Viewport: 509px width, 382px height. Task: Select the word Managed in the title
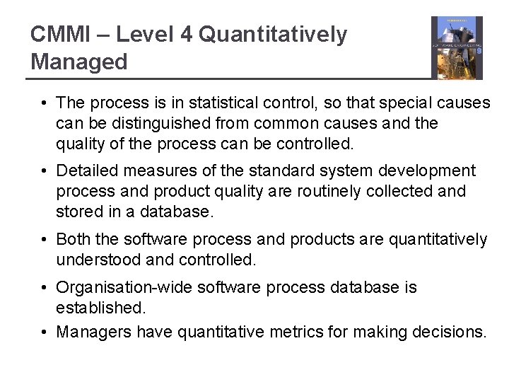tap(79, 62)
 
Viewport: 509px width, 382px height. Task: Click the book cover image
tap(457, 48)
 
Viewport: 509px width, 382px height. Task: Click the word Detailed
tap(87, 171)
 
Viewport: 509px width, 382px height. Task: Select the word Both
tap(72, 240)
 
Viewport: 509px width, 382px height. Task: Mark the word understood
tap(98, 260)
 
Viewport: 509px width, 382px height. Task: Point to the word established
tap(99, 308)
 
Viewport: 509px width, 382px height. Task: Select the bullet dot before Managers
tap(44, 332)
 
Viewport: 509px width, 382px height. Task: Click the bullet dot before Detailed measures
tap(44, 171)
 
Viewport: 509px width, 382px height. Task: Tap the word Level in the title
tap(144, 35)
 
